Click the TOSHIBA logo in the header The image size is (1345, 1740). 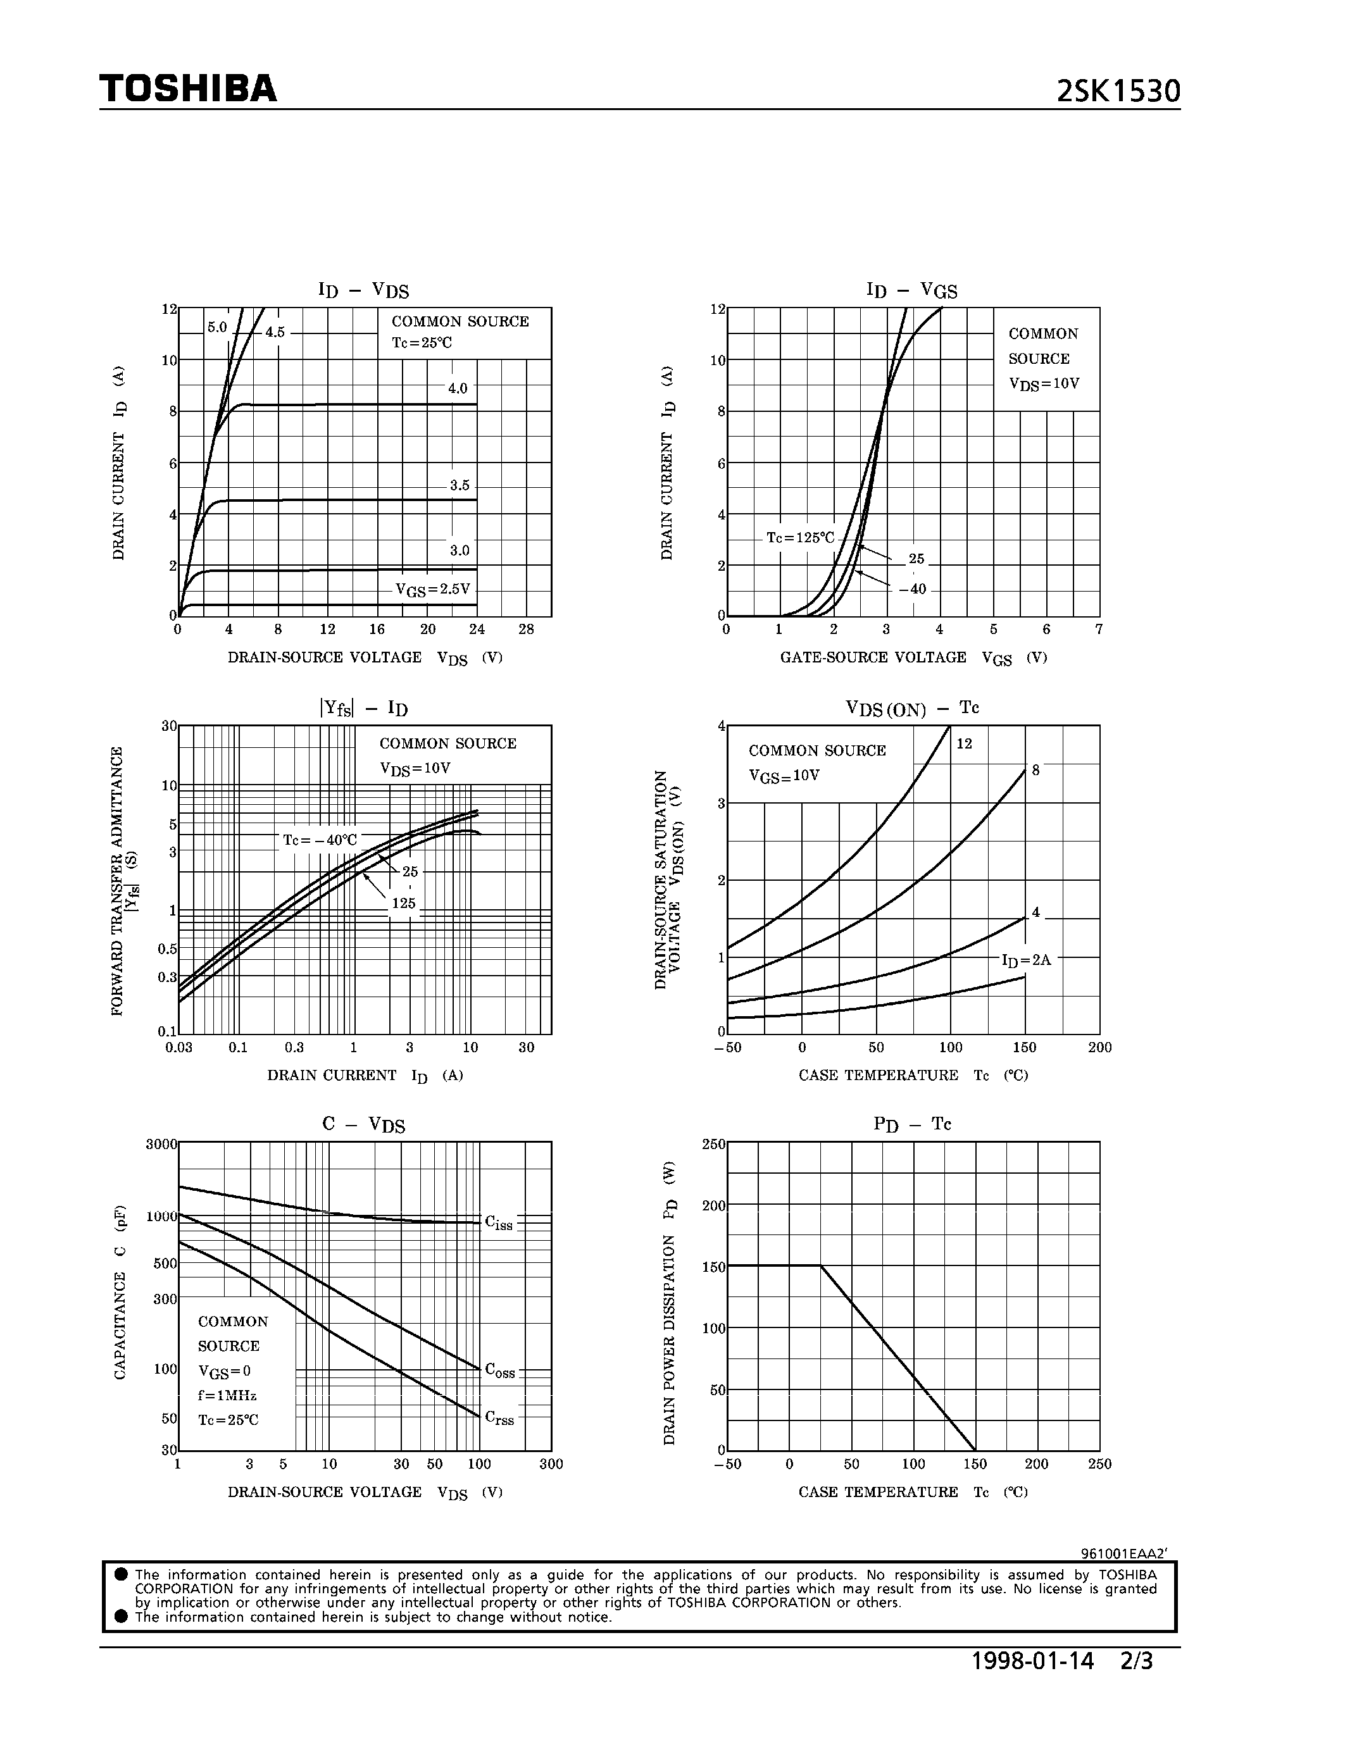coord(188,89)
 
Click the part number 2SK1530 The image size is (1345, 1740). coord(1117,92)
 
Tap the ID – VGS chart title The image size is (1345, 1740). coord(911,290)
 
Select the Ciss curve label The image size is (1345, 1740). coord(499,1223)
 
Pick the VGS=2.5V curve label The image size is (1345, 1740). coord(433,590)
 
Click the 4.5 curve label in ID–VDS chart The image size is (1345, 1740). coord(275,332)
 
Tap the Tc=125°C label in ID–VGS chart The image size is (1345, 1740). coord(800,538)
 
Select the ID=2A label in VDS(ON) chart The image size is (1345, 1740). coord(1026,960)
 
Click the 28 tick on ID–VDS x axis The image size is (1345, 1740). coord(526,630)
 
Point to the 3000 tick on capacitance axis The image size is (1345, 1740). coord(161,1145)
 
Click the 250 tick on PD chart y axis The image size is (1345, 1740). coord(713,1145)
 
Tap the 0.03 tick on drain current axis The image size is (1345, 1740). coord(178,1048)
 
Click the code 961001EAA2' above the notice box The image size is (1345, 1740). coord(1123,1553)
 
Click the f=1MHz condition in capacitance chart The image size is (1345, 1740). coord(227,1395)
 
